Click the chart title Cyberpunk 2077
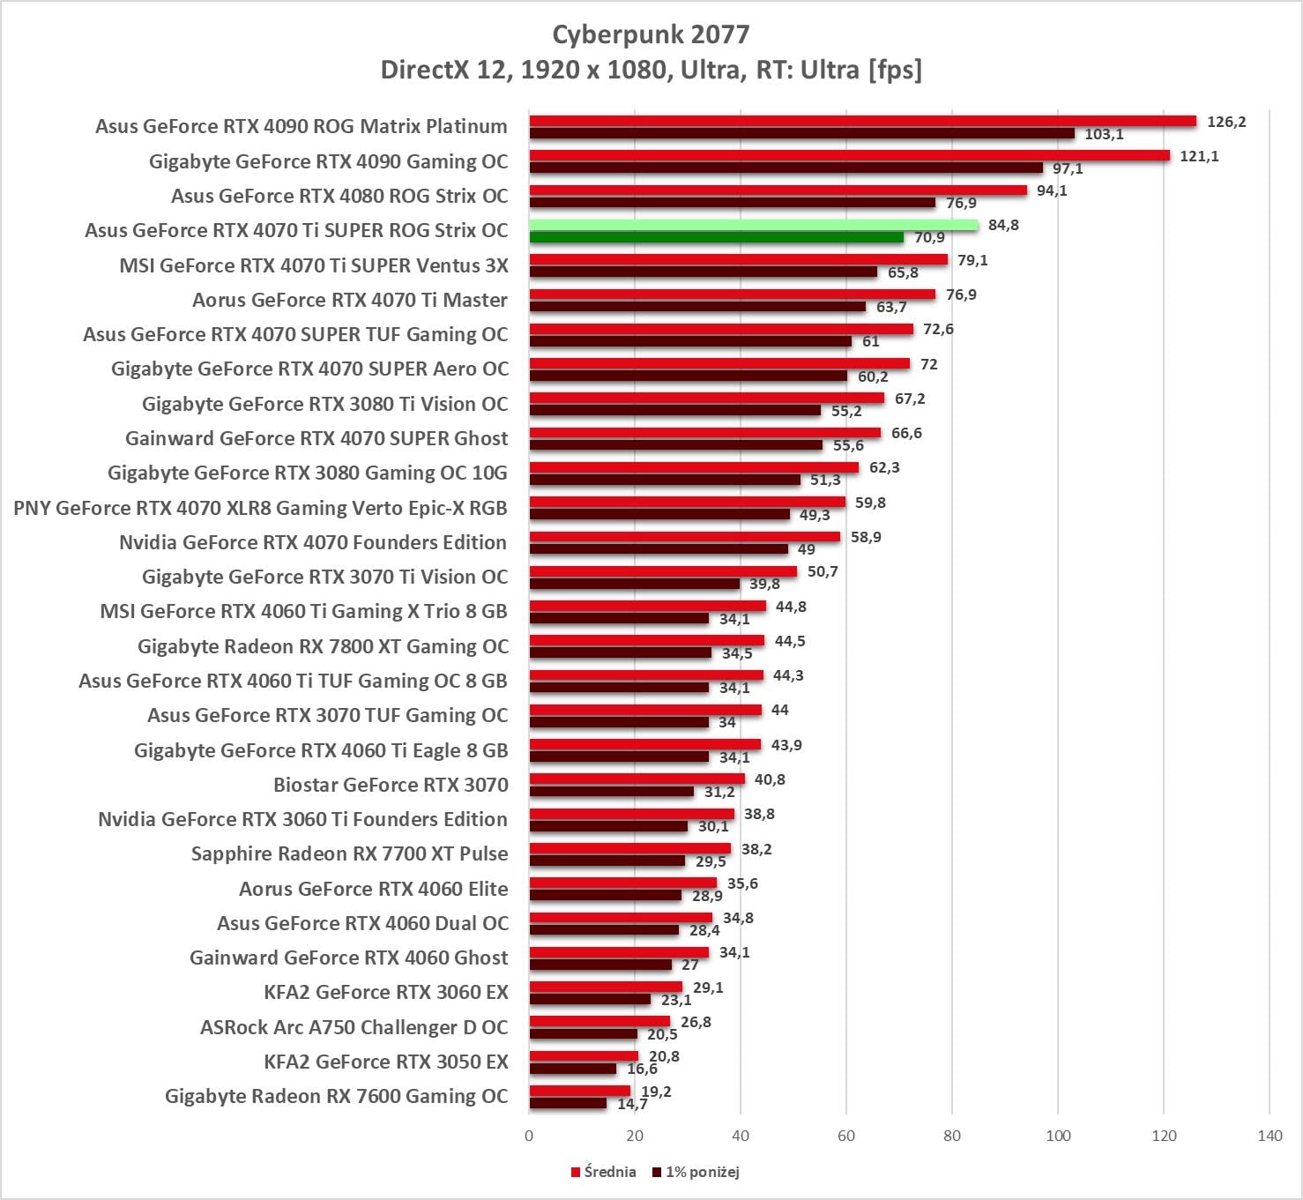coord(651,35)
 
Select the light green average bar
coord(754,226)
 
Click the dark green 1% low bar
coord(716,238)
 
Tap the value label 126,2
coord(1226,122)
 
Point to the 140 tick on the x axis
coord(1269,1136)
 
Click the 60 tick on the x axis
coord(846,1136)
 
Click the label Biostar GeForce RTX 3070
coord(391,785)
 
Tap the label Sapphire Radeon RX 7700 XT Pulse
coord(349,853)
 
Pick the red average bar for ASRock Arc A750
coord(599,1022)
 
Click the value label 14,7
coord(632,1104)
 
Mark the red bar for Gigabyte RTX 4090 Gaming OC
coord(849,156)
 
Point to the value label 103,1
coord(1104,134)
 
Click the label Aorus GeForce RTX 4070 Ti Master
coord(349,300)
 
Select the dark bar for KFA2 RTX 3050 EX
coord(573,1070)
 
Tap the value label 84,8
coord(1003,225)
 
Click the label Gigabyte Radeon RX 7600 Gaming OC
coord(336,1096)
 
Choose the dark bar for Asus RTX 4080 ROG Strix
coord(732,203)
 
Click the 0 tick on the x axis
coord(529,1136)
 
